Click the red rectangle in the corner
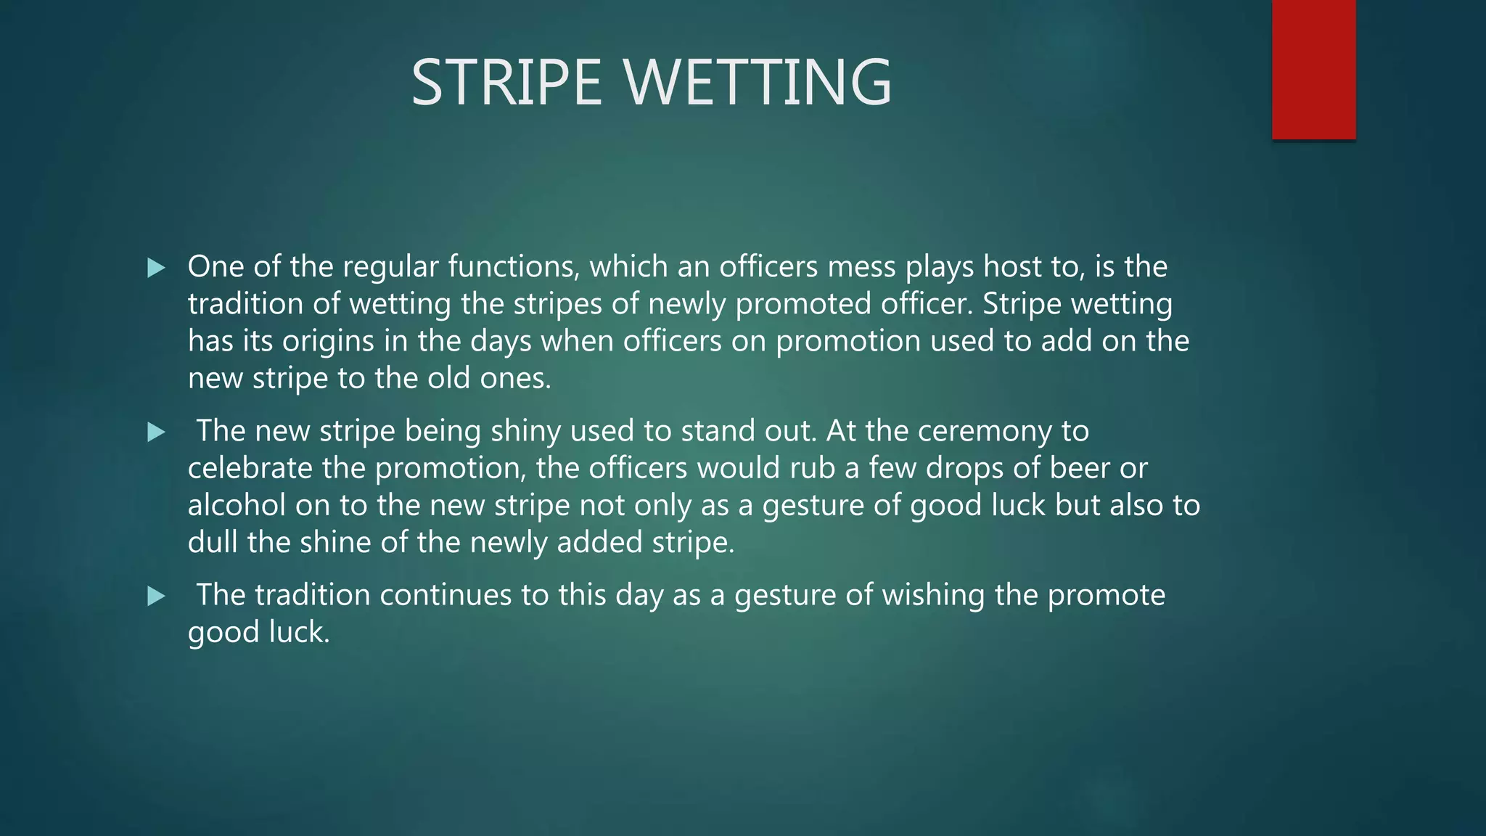tap(1313, 70)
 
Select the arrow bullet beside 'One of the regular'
tap(156, 268)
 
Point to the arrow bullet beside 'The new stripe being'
tap(156, 433)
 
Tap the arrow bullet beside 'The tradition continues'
tap(156, 597)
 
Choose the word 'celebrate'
tap(250, 468)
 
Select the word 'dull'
tap(213, 542)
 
